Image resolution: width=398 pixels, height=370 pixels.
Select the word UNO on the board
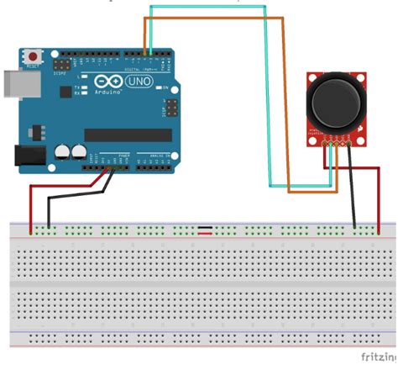tap(137, 82)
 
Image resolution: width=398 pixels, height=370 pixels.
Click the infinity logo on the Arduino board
tap(107, 82)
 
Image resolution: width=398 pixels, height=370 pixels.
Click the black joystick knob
tap(333, 103)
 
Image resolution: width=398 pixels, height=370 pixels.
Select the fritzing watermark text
tap(377, 357)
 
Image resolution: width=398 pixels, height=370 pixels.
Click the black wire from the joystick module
tap(355, 198)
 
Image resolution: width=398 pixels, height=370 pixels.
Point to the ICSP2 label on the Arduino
tap(62, 73)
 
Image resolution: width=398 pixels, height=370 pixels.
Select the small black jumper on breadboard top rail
tap(204, 228)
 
